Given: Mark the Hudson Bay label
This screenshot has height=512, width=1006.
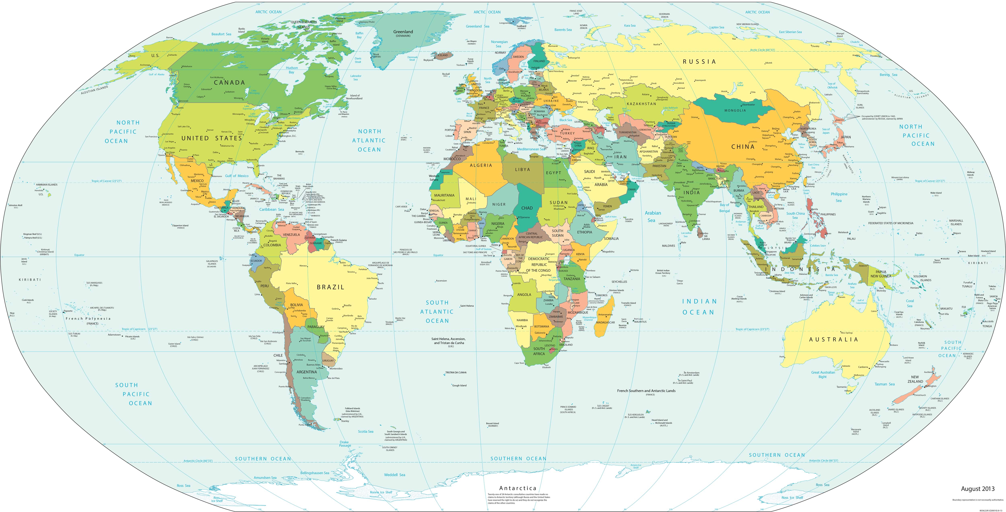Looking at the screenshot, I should [x=292, y=70].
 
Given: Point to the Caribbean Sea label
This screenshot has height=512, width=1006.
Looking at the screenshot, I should [x=272, y=209].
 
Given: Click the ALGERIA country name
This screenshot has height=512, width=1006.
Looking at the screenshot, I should [x=481, y=165].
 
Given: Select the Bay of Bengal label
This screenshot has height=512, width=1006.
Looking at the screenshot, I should [x=725, y=208].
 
